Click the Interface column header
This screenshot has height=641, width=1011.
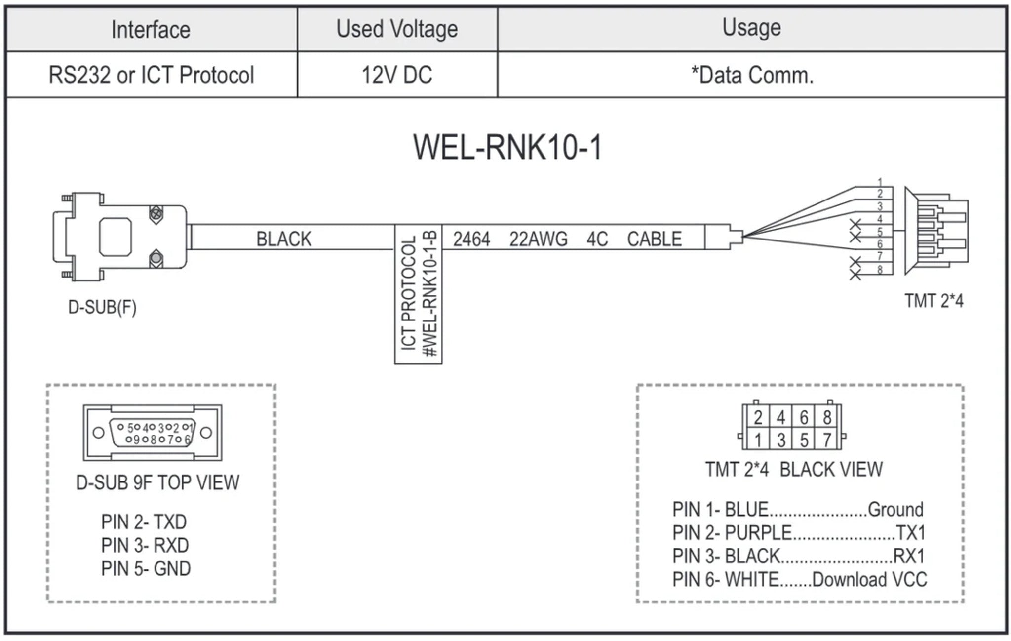point(151,30)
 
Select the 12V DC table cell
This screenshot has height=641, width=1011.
point(397,75)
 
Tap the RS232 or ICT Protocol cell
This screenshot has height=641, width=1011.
point(151,75)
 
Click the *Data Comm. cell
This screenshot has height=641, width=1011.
point(752,75)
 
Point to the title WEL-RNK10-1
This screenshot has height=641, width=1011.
point(507,147)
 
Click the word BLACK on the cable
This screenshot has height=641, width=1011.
point(283,239)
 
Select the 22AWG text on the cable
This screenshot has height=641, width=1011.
point(538,239)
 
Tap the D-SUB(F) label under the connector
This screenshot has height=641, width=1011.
point(102,307)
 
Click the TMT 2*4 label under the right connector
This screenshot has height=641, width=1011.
point(933,301)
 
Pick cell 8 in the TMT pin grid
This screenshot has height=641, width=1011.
point(827,418)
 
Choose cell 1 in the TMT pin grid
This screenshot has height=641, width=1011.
point(758,440)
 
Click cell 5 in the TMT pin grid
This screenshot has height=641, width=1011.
point(804,440)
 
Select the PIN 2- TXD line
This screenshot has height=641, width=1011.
point(144,522)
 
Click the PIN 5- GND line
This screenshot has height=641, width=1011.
point(146,568)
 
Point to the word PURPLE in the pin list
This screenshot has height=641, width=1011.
point(758,533)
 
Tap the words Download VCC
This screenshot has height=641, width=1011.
point(869,579)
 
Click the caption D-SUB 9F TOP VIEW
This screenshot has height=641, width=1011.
point(157,482)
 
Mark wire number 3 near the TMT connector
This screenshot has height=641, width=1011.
point(880,206)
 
